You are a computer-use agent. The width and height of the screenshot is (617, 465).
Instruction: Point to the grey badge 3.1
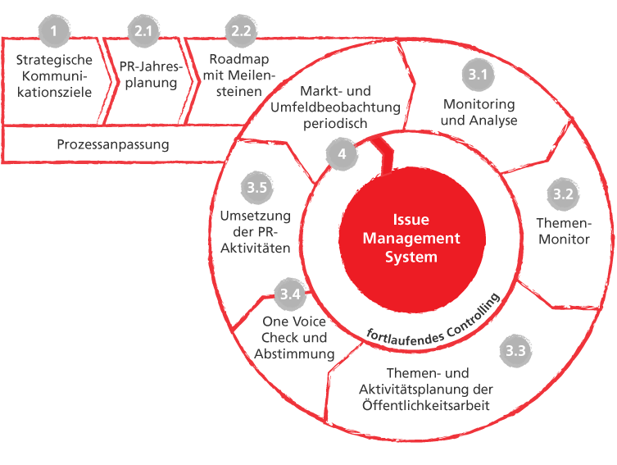click(478, 76)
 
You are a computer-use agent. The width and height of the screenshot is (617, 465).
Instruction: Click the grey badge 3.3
click(515, 353)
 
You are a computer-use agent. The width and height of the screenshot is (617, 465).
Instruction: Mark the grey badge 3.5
click(256, 188)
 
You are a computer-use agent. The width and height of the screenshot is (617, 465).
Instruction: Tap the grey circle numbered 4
click(342, 153)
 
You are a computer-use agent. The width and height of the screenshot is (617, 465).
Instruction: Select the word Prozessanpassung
click(113, 145)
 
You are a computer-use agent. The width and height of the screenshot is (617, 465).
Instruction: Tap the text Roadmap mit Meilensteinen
click(238, 75)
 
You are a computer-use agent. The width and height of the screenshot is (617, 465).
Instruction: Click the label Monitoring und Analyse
click(479, 112)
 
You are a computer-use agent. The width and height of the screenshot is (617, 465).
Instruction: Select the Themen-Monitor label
click(563, 230)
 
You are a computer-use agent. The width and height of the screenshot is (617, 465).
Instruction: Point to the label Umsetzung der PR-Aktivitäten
click(256, 231)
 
